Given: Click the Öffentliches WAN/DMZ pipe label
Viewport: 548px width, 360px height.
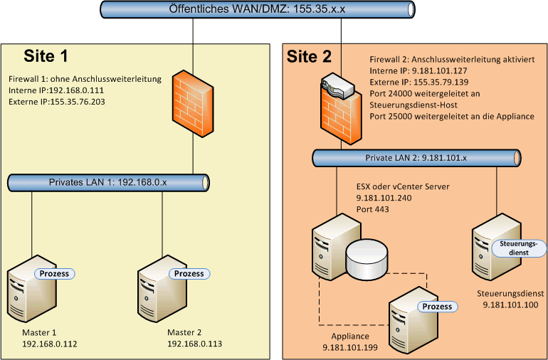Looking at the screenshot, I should [256, 9].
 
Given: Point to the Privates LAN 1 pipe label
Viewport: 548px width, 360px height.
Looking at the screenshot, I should [107, 182].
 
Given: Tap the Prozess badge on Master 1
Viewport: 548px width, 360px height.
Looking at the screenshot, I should [56, 273].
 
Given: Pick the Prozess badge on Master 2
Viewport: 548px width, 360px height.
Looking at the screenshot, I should [188, 273].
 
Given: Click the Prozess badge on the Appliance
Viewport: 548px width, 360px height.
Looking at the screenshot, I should [437, 307].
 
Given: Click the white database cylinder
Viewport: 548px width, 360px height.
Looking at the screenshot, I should [367, 258].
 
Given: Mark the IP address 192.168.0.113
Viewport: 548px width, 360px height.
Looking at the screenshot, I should [194, 344].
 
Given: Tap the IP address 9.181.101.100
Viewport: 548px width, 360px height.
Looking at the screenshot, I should [510, 305].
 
